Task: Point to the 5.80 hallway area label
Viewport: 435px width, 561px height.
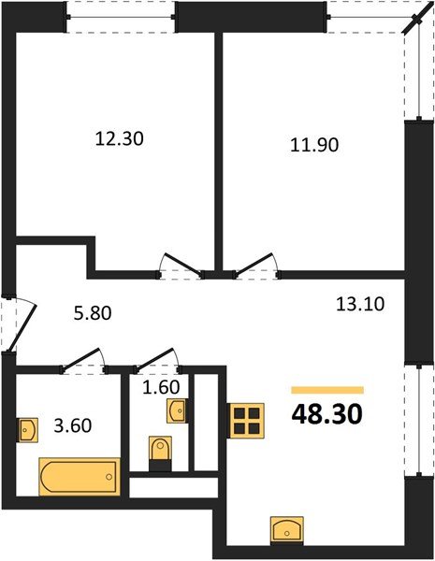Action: [94, 314]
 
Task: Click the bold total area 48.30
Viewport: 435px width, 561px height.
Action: [326, 412]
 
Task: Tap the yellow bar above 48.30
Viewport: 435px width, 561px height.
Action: [326, 389]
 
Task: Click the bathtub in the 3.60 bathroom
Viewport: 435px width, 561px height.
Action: [79, 476]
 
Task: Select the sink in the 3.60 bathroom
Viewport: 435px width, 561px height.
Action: [29, 430]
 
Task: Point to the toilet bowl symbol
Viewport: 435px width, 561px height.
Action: [161, 450]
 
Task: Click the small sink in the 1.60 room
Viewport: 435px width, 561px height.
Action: [176, 409]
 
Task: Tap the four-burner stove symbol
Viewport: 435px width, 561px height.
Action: [247, 421]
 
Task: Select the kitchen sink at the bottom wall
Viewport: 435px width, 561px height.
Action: [286, 528]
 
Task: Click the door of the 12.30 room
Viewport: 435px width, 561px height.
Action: [178, 265]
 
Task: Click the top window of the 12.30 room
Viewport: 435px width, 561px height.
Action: [121, 16]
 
